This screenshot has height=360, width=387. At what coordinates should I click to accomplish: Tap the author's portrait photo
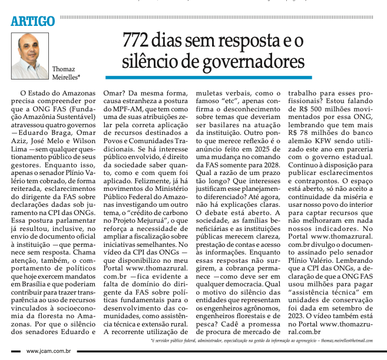point(30,57)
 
